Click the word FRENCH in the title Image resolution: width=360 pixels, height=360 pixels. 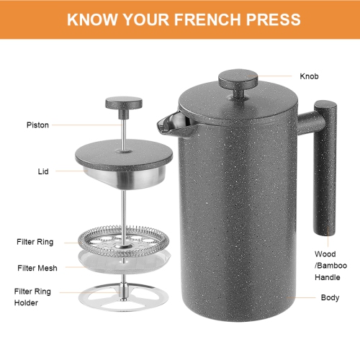215,19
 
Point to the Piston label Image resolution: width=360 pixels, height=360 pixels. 37,125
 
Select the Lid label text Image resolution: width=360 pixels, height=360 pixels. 44,172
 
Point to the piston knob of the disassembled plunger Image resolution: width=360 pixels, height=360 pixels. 122,104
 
